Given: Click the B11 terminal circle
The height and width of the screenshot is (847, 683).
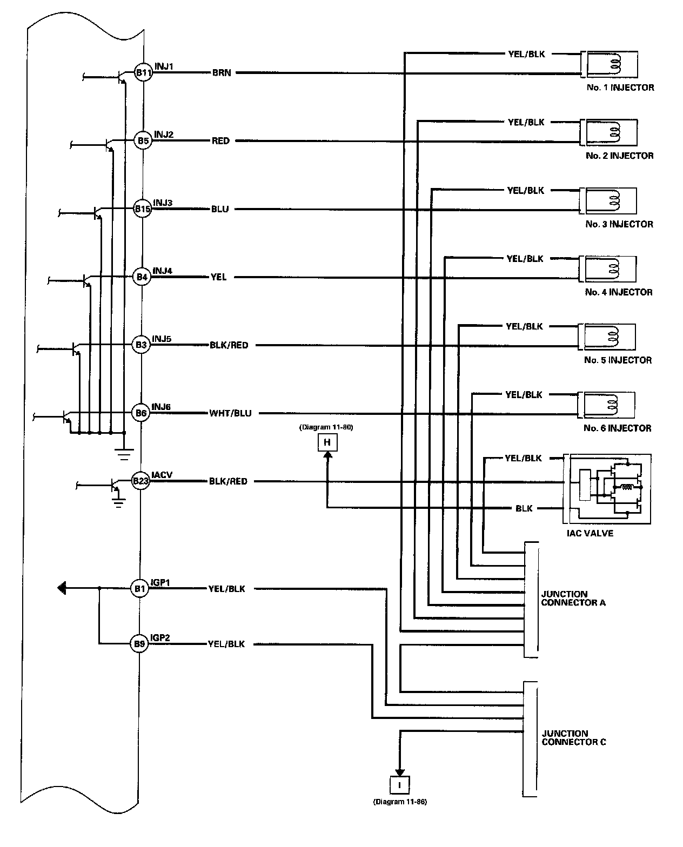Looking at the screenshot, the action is (143, 72).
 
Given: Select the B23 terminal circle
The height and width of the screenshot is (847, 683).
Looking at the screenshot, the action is (140, 481).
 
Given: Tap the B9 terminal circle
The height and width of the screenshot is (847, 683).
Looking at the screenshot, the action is (139, 644).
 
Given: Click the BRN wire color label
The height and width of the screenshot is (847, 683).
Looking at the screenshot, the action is (222, 73).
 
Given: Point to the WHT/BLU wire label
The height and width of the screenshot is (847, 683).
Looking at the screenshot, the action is (230, 413).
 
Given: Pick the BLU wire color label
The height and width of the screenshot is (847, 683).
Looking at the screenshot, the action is (220, 209).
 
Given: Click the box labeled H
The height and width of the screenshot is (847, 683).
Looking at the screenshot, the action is (327, 442).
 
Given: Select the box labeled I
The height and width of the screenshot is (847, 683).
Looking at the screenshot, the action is (399, 785).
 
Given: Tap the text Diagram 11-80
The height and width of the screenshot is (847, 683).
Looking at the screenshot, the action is (326, 427).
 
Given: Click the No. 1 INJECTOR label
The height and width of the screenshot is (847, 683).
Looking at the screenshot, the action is (620, 88).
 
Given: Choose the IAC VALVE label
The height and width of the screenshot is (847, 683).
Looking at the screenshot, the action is (590, 533).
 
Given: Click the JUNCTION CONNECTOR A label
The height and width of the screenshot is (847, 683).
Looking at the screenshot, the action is (573, 599).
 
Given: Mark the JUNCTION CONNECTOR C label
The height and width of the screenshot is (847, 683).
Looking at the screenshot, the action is (574, 737).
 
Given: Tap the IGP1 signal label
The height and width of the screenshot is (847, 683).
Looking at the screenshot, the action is (160, 582).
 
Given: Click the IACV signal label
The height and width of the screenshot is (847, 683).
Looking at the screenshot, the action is (162, 475).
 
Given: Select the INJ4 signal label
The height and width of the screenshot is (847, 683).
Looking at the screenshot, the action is (163, 271).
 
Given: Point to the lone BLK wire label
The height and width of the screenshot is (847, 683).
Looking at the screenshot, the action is (524, 508).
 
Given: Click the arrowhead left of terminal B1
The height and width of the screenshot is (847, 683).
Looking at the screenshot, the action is (62, 588).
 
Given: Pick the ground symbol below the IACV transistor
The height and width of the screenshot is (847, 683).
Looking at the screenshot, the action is (118, 503).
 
